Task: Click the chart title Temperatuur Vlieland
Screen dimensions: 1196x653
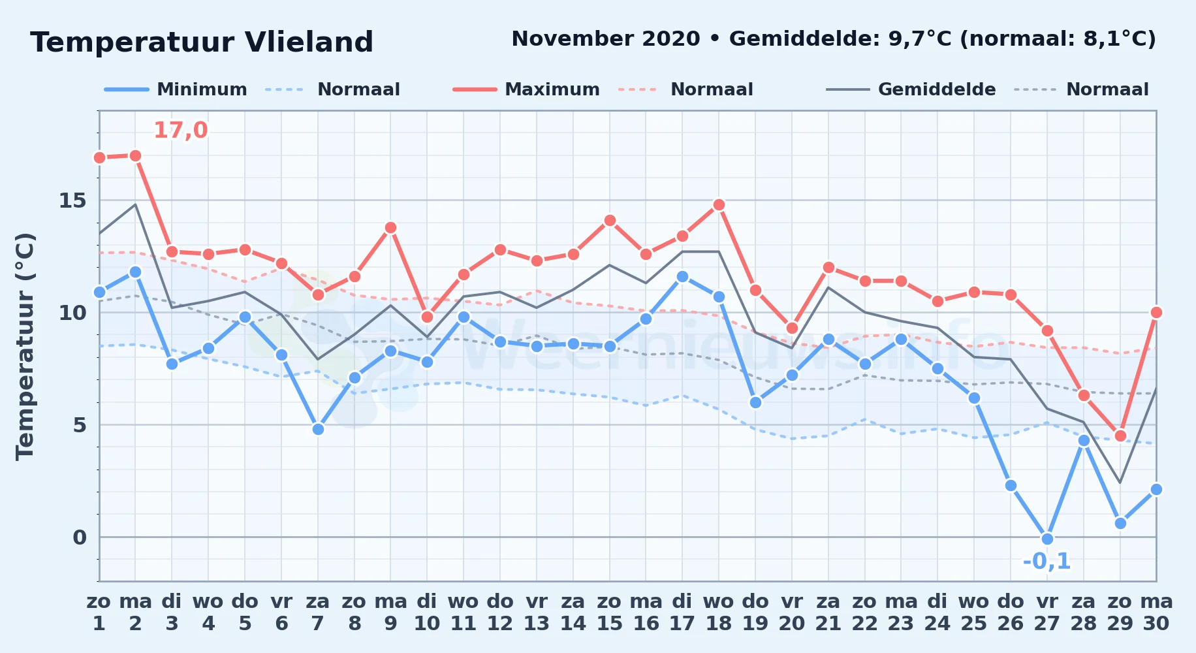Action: [x=202, y=42]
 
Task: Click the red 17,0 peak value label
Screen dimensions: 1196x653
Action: [x=181, y=131]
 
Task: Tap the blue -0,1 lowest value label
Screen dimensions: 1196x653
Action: [x=1046, y=561]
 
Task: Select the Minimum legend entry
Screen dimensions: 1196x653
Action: [x=176, y=89]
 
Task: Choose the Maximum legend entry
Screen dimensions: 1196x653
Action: [x=526, y=89]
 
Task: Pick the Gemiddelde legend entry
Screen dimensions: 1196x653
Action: [x=911, y=89]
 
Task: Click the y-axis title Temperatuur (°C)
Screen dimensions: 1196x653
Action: [x=25, y=346]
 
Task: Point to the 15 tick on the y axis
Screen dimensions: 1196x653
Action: [x=72, y=200]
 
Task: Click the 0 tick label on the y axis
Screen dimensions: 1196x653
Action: [x=80, y=537]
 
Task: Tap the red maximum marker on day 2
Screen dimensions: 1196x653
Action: [x=135, y=155]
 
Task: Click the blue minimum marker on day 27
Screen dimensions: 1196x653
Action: [x=1047, y=539]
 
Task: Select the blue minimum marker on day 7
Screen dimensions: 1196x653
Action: [x=318, y=429]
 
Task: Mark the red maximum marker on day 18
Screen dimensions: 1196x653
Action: [x=719, y=204]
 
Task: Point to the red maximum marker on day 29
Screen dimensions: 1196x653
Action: [x=1120, y=436]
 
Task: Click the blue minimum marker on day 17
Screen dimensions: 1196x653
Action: [x=682, y=276]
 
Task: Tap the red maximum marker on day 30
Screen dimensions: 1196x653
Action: [x=1156, y=312]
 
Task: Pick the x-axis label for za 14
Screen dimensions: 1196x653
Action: [x=573, y=613]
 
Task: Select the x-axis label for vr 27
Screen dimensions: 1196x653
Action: [x=1047, y=613]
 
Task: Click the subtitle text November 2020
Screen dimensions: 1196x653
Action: [x=606, y=39]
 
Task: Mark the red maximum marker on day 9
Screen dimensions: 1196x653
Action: [x=390, y=227]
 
